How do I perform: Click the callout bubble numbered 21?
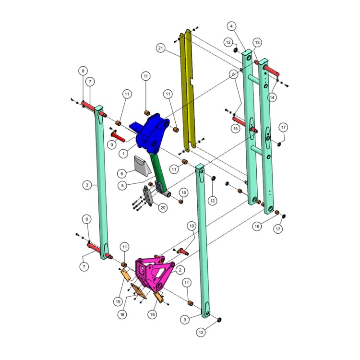(161, 48)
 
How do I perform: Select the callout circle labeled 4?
(231, 25)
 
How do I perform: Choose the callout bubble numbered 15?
(235, 129)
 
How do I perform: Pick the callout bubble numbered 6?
(122, 173)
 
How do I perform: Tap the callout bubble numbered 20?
(163, 208)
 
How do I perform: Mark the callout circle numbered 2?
(180, 270)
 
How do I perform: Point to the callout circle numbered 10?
(192, 225)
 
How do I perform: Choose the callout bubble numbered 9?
(112, 144)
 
